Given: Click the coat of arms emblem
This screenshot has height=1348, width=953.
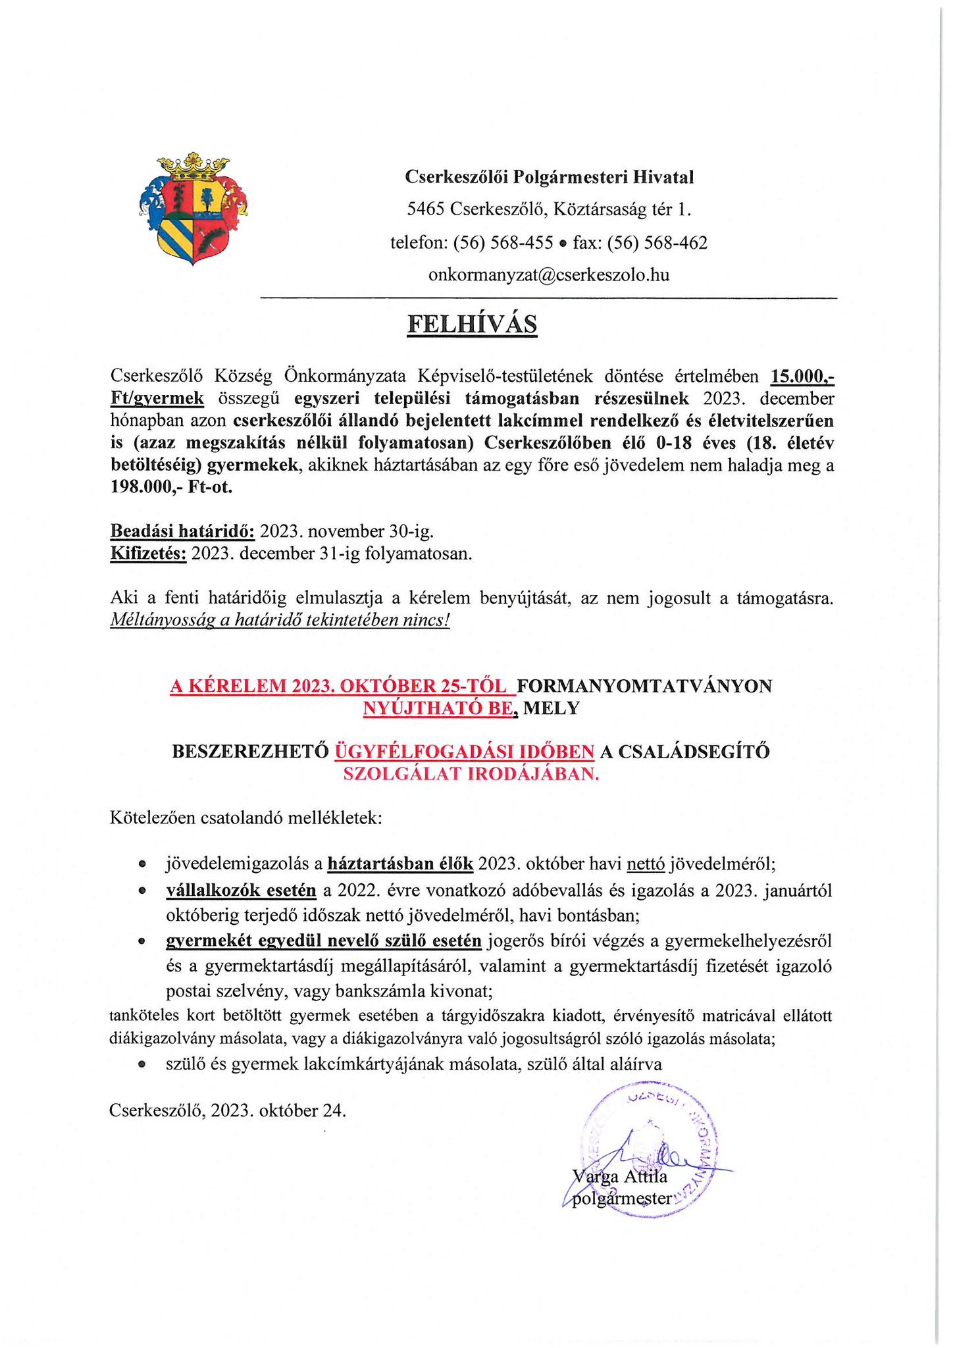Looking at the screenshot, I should pos(193,209).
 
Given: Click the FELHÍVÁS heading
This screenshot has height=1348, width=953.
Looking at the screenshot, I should pos(472,324).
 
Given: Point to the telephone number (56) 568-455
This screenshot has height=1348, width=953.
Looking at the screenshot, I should pos(503,243).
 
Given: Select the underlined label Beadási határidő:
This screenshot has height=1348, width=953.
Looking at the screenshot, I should pos(182,531).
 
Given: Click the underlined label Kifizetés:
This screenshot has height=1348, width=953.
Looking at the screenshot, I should pos(149,553).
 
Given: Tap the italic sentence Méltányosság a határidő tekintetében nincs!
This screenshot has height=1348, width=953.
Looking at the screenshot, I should pos(280,620).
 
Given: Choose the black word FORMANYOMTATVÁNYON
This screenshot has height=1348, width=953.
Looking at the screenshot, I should pos(645,686).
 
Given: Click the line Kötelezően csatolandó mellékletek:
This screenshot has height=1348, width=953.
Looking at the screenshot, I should pos(245,819).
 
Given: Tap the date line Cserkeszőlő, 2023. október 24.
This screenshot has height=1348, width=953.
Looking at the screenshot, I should pos(228,1110).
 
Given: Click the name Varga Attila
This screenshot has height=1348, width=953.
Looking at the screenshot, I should pos(620,1176).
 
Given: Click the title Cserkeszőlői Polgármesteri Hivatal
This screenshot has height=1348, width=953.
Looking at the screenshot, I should pos(549,176).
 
